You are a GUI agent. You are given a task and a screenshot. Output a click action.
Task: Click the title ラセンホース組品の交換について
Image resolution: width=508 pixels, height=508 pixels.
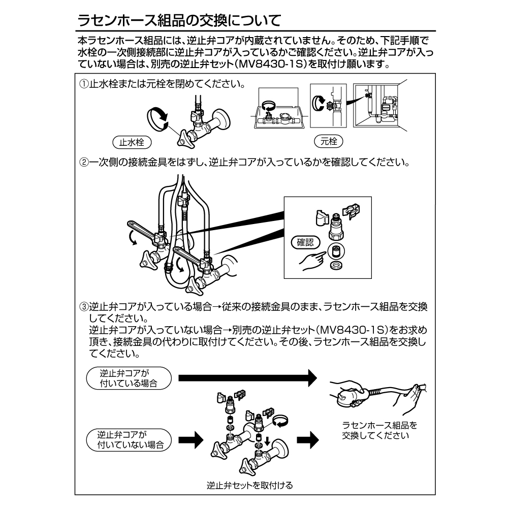coord(179,21)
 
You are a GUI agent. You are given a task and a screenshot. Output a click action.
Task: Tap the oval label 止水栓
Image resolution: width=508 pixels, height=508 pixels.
coord(132,143)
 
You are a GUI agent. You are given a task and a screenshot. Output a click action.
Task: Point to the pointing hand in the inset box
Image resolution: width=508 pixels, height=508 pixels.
coord(311,260)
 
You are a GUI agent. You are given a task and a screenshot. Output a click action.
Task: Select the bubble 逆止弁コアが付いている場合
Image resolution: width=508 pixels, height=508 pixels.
coord(129,378)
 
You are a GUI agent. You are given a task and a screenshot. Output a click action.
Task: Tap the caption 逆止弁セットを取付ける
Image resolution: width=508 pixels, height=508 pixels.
coord(249,485)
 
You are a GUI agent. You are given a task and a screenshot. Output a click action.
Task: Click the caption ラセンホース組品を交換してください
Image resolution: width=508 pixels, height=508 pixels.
coord(376,430)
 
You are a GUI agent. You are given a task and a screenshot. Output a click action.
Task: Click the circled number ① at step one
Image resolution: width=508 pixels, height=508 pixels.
coord(83,83)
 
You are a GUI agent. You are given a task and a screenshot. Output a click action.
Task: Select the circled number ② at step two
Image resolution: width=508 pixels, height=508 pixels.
coord(83,163)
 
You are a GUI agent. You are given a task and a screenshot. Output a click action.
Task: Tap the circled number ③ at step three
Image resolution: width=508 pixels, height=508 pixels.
coord(83,307)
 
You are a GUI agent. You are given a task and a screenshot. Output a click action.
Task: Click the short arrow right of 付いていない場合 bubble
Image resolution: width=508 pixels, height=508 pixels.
coord(189,439)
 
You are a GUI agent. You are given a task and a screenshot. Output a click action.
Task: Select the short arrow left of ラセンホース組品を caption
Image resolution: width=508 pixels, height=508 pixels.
coord(307,439)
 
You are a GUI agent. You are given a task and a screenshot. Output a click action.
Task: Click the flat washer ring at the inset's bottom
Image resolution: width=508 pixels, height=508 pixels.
coord(335,266)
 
